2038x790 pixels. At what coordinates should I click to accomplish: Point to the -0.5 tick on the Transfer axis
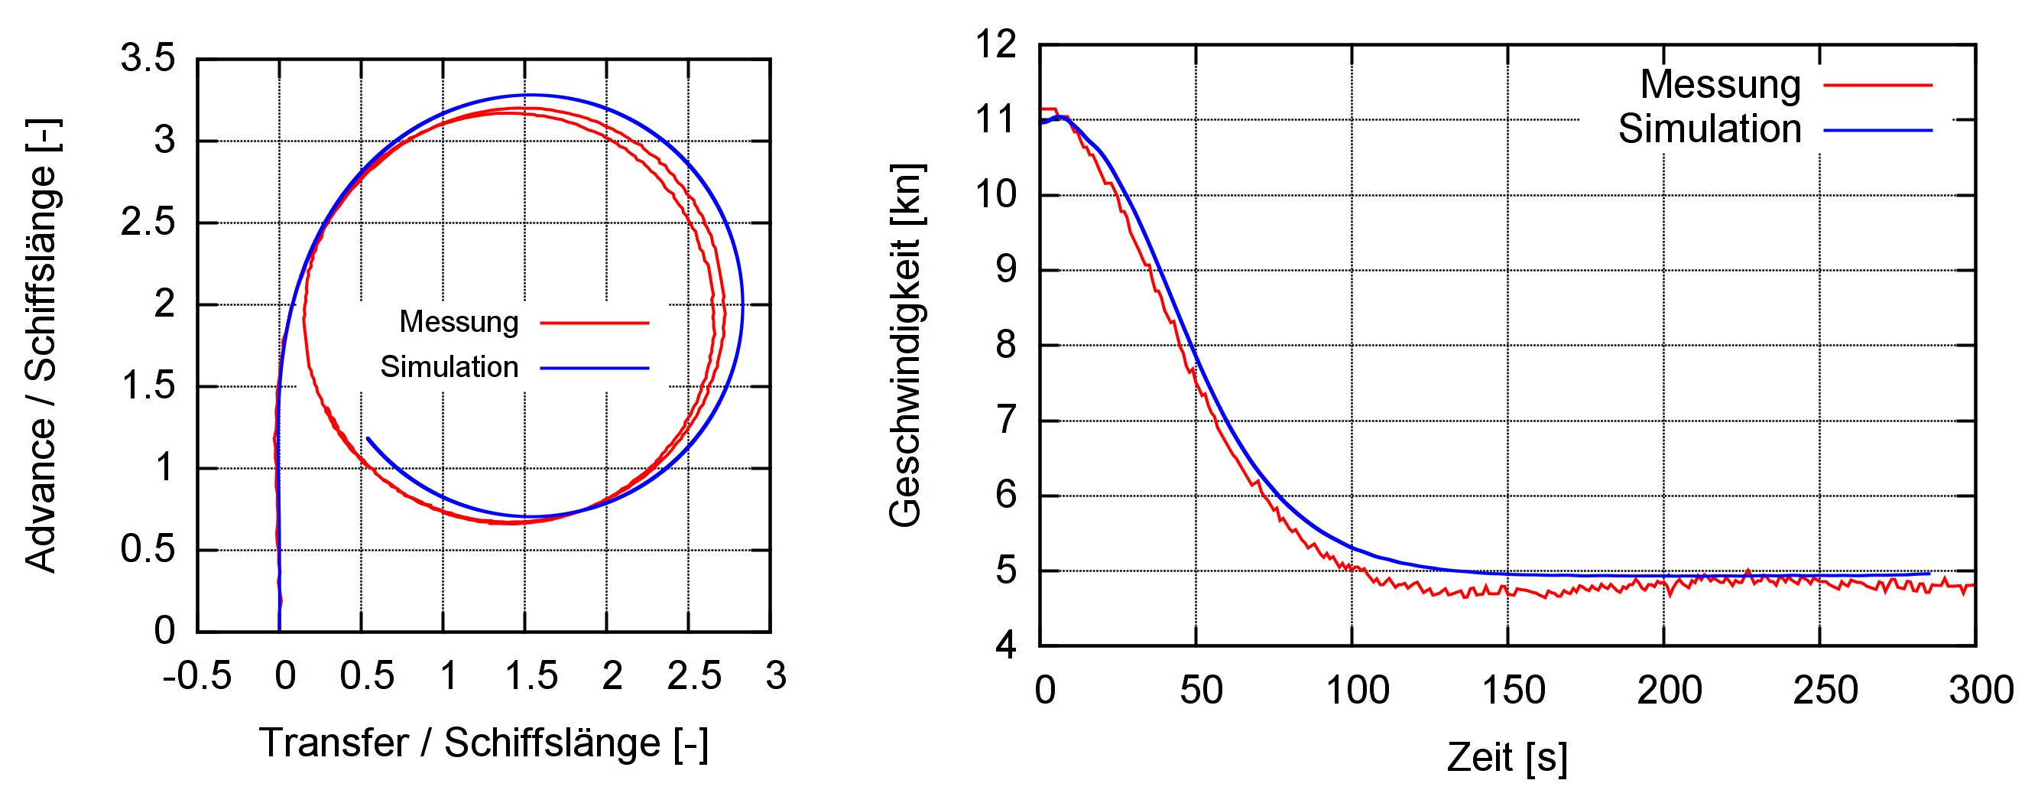[x=197, y=676]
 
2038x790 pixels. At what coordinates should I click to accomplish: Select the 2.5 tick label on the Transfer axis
[x=693, y=676]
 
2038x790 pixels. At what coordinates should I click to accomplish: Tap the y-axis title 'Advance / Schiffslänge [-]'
[x=41, y=346]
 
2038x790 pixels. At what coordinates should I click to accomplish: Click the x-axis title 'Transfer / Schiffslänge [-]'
[x=483, y=743]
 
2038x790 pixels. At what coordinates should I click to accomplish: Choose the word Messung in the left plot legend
[x=459, y=322]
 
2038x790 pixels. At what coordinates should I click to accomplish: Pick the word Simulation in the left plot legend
[x=449, y=367]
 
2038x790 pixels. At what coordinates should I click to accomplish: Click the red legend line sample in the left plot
[x=594, y=323]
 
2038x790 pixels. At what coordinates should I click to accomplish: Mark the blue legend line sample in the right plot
[x=1877, y=130]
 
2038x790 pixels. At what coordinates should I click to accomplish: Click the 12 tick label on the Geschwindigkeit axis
[x=995, y=44]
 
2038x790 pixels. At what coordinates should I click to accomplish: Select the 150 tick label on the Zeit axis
[x=1513, y=691]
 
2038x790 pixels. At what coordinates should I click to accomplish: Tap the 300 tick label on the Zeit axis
[x=1980, y=691]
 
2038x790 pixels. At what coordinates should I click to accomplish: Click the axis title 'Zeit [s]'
[x=1507, y=757]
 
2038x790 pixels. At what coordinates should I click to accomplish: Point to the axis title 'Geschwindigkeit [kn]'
[x=906, y=345]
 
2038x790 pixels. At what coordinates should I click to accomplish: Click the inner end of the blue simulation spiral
[x=368, y=437]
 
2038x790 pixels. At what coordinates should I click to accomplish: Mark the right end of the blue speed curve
[x=1929, y=573]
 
